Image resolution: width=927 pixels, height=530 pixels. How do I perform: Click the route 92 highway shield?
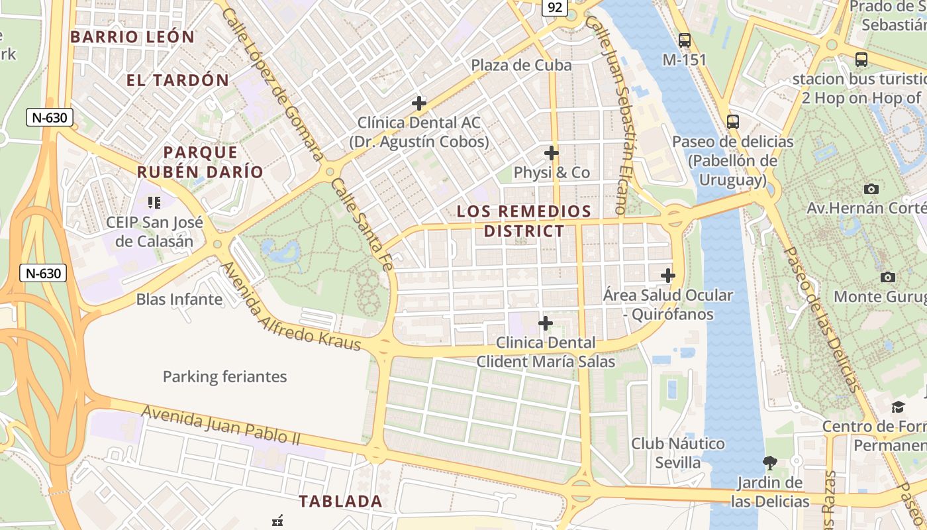[x=555, y=7]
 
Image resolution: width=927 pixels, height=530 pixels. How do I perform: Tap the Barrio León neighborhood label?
[x=132, y=37]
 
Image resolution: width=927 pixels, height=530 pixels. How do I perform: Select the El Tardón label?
[x=177, y=81]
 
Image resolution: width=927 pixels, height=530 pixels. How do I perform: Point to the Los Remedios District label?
[x=524, y=221]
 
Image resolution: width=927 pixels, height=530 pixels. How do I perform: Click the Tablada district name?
[x=340, y=502]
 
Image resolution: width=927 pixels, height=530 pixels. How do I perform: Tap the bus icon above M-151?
[x=685, y=40]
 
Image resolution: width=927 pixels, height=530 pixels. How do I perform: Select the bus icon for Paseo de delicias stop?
[x=732, y=122]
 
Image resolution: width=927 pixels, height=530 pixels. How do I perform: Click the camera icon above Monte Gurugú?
[x=888, y=277]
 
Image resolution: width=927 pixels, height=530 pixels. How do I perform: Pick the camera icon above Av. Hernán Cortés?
[x=871, y=189]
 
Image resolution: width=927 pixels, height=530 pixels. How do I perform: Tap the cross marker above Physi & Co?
[x=551, y=153]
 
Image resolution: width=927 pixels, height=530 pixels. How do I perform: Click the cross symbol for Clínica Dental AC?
[x=418, y=103]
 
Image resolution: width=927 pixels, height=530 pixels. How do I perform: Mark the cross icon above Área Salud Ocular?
[x=667, y=276]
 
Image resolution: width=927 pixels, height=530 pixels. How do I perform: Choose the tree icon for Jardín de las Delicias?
[x=769, y=462]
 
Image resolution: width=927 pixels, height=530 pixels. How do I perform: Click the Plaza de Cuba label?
[x=521, y=65]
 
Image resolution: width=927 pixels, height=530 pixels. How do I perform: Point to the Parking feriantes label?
[x=224, y=377]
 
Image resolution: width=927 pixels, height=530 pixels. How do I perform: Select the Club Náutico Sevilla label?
[x=677, y=452]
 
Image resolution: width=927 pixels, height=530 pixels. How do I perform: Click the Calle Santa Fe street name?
[x=361, y=225]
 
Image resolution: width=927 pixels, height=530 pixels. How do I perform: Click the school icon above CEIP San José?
[x=154, y=203]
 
